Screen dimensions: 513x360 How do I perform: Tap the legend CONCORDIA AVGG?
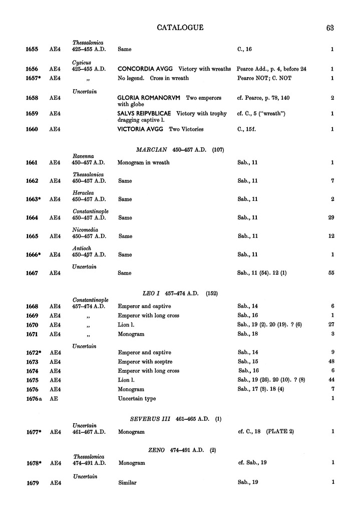coord(145,69)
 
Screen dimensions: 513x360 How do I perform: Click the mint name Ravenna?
coord(83,156)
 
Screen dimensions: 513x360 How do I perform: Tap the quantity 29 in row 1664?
coord(330,217)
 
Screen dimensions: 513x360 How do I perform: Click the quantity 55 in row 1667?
coord(330,273)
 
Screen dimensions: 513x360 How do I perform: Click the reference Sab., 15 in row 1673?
coord(249,362)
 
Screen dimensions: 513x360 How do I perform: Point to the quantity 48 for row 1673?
coord(330,362)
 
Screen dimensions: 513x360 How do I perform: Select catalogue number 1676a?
coord(34,398)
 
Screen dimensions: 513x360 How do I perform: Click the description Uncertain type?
coord(137,398)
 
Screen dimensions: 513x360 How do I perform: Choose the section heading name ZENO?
coord(157,450)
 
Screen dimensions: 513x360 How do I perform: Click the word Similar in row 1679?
coord(127,483)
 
